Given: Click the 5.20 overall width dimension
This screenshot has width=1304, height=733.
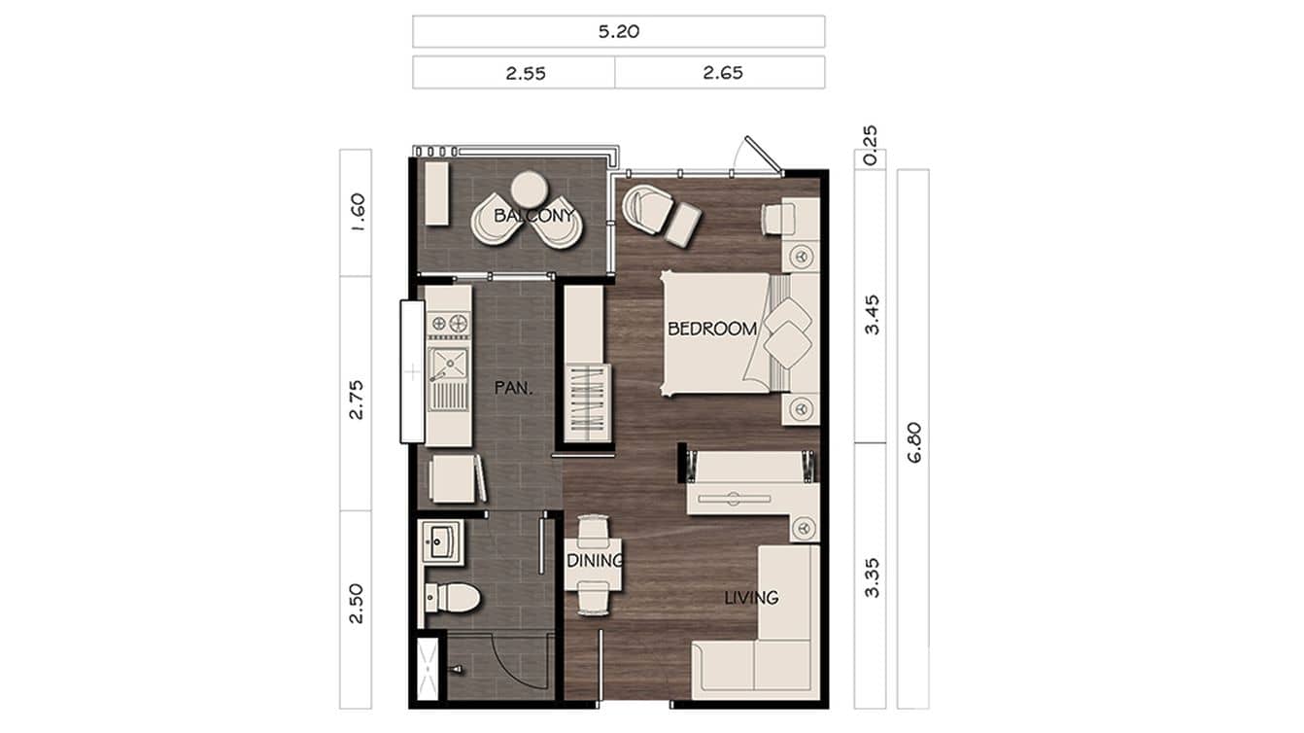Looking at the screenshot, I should pos(618,31).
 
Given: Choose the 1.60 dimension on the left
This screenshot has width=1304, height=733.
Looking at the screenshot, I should pos(356,212).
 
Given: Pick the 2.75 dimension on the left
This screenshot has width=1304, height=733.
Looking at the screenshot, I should pos(356,398).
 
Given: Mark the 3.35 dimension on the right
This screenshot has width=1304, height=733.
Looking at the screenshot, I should pos(871,576).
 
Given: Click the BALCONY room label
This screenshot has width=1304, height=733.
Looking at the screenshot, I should pos(533,215).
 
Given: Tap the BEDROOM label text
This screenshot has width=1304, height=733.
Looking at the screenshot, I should pos(711,329).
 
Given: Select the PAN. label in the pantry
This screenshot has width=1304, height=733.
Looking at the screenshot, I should pos(511,387).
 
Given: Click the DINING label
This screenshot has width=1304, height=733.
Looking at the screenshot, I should pos(594,561).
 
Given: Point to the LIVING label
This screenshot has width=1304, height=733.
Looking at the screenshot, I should pos(751,597).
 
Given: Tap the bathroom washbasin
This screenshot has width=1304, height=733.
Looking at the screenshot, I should pos(442,541).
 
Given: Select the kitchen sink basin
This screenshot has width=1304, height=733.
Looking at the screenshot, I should pos(448,364).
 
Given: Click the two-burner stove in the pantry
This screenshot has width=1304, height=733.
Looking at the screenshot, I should pos(449,322).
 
